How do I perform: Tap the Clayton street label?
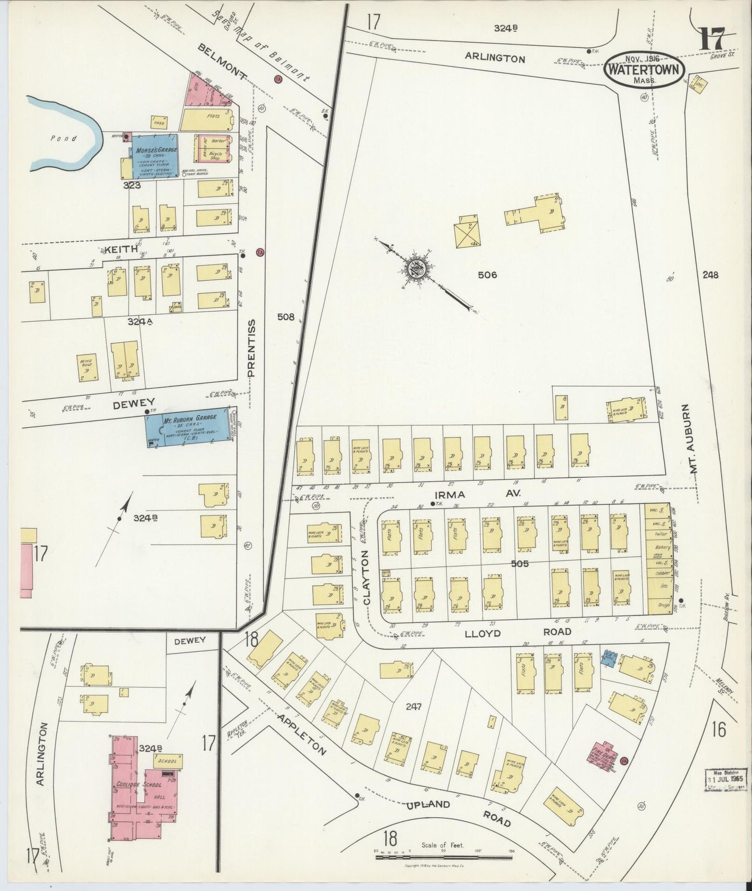click(x=367, y=577)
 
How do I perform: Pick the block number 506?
click(x=488, y=274)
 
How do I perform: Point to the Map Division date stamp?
click(x=727, y=779)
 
